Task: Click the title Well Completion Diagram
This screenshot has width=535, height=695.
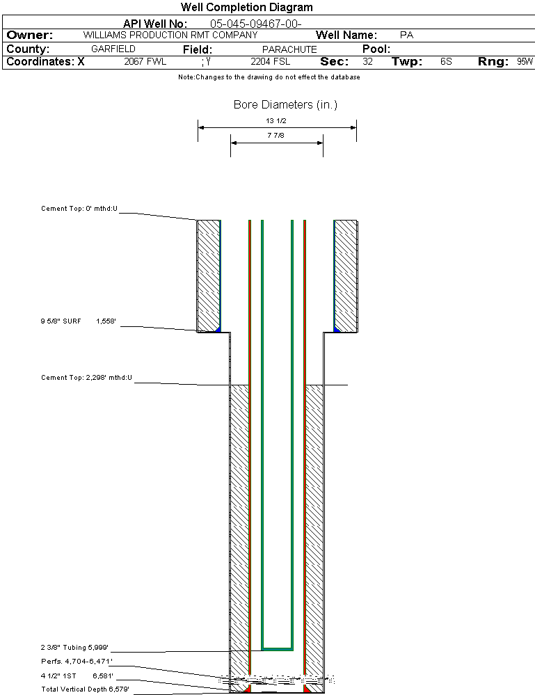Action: tap(247, 7)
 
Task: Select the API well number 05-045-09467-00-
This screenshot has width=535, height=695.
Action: tap(256, 24)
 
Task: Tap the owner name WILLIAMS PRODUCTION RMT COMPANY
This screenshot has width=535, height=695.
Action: tap(170, 35)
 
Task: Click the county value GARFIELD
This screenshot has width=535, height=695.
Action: tap(113, 49)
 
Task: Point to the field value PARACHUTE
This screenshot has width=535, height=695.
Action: tap(289, 49)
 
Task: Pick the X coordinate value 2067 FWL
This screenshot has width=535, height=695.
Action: tap(145, 61)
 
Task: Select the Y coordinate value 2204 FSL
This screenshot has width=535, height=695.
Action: tap(271, 61)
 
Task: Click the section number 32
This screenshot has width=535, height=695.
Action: tap(367, 61)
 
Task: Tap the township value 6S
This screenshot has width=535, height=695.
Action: tap(446, 61)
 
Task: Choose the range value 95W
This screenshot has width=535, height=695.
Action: tap(525, 61)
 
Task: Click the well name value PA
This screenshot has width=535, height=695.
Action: tap(406, 35)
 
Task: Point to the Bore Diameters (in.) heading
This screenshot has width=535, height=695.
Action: tap(285, 104)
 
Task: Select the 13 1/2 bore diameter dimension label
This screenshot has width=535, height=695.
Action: tap(276, 120)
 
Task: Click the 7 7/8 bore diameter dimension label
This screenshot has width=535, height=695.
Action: tap(276, 135)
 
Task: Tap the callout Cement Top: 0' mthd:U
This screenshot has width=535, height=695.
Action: tap(79, 208)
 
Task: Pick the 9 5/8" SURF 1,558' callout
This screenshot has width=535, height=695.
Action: tap(79, 321)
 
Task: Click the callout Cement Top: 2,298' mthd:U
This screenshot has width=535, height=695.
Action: tap(86, 378)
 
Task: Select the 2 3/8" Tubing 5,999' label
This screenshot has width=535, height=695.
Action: tap(74, 648)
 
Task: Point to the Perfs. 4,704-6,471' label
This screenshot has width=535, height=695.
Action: tap(77, 662)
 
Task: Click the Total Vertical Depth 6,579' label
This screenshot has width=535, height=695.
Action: tap(85, 689)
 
